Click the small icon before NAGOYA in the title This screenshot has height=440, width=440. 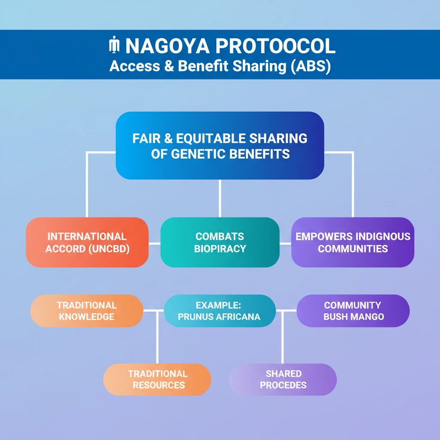click(114, 46)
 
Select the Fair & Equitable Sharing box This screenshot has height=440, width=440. click(220, 146)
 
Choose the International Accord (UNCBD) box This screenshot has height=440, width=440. click(87, 242)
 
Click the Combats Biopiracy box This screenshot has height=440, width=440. click(220, 242)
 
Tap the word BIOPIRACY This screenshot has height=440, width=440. click(220, 249)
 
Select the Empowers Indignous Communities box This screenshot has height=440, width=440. click(353, 242)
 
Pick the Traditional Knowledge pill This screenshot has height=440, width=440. click(87, 311)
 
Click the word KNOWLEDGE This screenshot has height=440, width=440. click(87, 317)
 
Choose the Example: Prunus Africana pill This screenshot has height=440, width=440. click(220, 311)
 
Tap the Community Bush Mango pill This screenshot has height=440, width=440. click(353, 311)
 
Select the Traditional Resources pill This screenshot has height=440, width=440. click(157, 379)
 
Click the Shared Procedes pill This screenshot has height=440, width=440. click(283, 379)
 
